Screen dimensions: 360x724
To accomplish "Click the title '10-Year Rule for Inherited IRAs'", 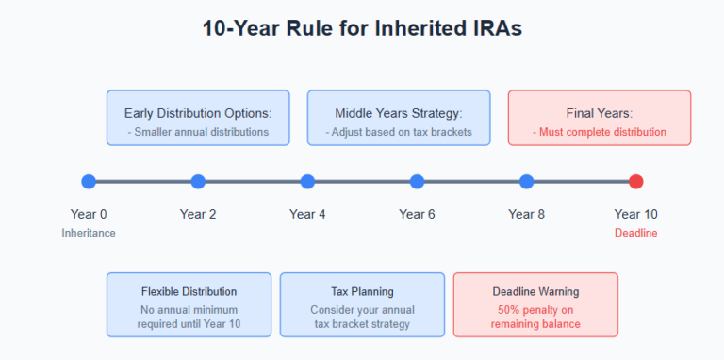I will click(x=362, y=28).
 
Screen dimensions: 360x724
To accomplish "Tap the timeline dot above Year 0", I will click(x=89, y=182).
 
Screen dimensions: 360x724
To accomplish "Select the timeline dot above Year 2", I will click(x=198, y=182).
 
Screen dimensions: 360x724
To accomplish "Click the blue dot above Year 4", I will click(x=307, y=182).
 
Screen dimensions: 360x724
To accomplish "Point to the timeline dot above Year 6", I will click(x=417, y=182).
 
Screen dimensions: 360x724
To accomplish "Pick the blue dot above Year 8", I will click(x=526, y=182).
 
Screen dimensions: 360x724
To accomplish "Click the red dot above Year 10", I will click(x=636, y=182).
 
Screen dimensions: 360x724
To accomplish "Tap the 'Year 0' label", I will click(x=89, y=214).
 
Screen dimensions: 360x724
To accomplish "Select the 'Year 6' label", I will click(x=417, y=214).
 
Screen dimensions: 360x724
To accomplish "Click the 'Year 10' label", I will click(x=636, y=214).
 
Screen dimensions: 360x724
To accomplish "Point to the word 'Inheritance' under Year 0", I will click(x=89, y=233).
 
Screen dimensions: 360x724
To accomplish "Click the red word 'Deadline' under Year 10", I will click(x=636, y=233).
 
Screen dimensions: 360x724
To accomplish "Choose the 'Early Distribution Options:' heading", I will click(x=198, y=113).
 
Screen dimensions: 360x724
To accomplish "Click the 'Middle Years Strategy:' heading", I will click(x=398, y=113).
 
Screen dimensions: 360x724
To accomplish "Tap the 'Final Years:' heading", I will click(x=600, y=113).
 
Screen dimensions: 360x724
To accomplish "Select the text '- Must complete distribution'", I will click(x=600, y=132).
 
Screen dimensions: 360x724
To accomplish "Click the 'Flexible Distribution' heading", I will click(x=189, y=291).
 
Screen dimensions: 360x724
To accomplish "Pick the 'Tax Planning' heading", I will click(x=362, y=291).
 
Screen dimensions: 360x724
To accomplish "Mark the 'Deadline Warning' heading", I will click(x=535, y=291).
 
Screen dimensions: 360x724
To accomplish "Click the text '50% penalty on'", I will click(x=535, y=308).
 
